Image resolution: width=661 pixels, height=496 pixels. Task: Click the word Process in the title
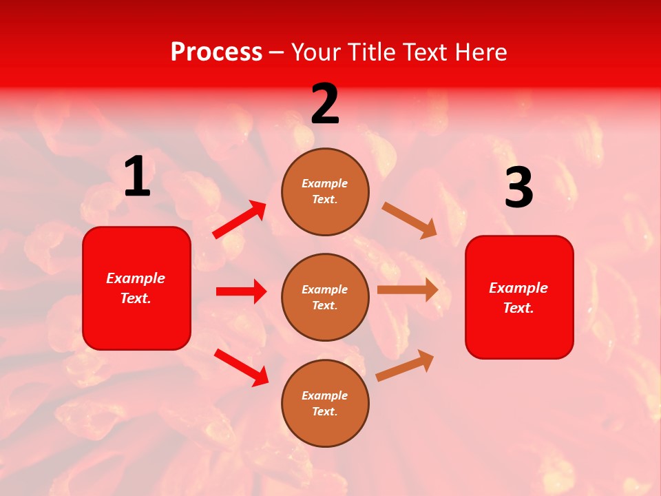pyautogui.click(x=216, y=52)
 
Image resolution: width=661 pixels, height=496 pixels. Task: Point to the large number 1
pyautogui.click(x=137, y=176)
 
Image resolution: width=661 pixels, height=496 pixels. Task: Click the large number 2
pyautogui.click(x=325, y=104)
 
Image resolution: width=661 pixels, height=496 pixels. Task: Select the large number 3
pyautogui.click(x=518, y=188)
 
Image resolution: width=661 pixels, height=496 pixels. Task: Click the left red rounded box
pyautogui.click(x=136, y=288)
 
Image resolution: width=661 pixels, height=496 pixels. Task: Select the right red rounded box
pyautogui.click(x=519, y=297)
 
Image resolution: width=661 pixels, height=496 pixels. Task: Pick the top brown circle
pyautogui.click(x=325, y=192)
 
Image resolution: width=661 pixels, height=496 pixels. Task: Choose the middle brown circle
pyautogui.click(x=325, y=297)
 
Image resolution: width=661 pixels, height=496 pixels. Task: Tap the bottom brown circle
pyautogui.click(x=325, y=403)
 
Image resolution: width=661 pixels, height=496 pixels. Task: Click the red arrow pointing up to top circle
pyautogui.click(x=240, y=220)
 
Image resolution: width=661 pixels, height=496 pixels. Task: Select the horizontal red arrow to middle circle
pyautogui.click(x=241, y=291)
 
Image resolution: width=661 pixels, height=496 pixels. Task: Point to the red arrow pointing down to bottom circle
pyautogui.click(x=241, y=367)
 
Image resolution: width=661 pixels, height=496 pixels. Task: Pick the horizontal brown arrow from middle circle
pyautogui.click(x=408, y=290)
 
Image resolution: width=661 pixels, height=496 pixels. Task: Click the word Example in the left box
pyautogui.click(x=136, y=278)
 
